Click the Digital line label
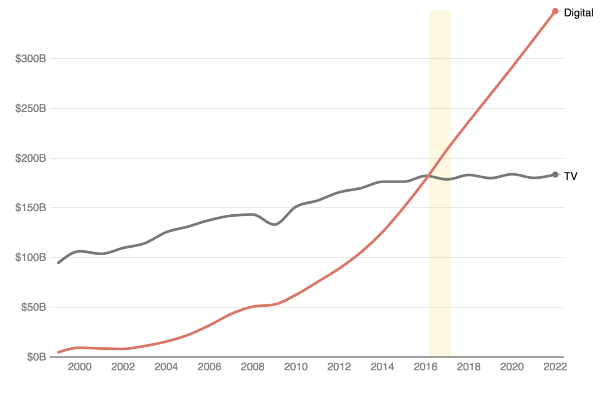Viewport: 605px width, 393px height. click(578, 13)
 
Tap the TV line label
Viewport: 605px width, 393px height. click(570, 176)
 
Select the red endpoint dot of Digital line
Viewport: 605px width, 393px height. click(555, 11)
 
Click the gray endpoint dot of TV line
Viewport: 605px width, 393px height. click(555, 175)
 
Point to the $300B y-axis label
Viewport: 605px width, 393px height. click(31, 59)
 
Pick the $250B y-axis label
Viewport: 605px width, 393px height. click(31, 108)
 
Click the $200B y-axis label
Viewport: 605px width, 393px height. click(31, 158)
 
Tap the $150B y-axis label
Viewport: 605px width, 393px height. click(31, 207)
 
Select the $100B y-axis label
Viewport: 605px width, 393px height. click(31, 257)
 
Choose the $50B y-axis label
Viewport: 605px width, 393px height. click(33, 307)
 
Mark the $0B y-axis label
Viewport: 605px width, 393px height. click(36, 357)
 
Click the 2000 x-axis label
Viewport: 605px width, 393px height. click(80, 367)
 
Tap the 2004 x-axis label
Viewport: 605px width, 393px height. click(166, 367)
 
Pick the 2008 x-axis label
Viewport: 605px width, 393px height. click(253, 367)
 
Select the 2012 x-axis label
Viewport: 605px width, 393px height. click(339, 367)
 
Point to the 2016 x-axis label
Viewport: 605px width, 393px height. click(426, 367)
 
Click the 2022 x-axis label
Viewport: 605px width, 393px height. click(555, 367)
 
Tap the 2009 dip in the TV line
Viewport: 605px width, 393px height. click(274, 224)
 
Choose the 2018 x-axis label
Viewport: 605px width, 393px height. click(469, 367)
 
